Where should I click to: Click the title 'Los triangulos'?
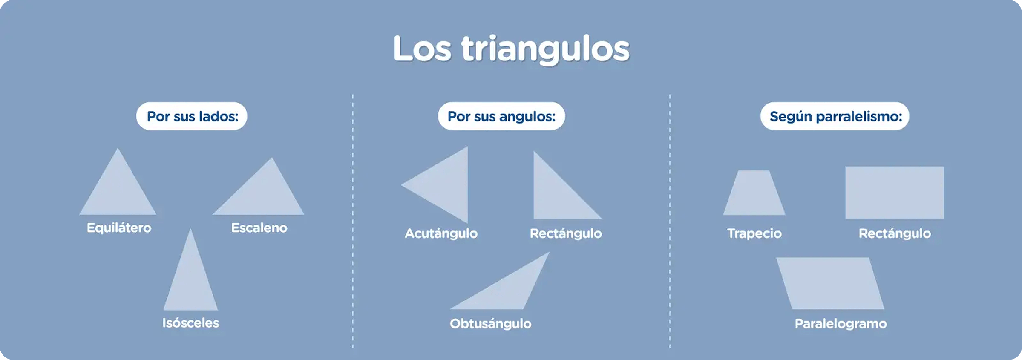tap(511, 49)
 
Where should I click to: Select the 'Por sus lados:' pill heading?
tap(192, 116)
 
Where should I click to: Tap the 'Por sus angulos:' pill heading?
tap(501, 116)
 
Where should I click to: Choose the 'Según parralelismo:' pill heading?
tap(835, 116)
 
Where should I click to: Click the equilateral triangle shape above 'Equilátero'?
tap(118, 192)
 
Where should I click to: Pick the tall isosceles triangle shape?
tap(190, 281)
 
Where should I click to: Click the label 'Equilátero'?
tap(119, 228)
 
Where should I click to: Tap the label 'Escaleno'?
tap(259, 228)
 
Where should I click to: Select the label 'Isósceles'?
tap(190, 323)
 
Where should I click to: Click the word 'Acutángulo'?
tap(441, 233)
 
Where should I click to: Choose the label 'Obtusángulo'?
tap(490, 324)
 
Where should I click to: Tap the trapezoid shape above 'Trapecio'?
tap(754, 193)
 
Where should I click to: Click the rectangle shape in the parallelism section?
tap(895, 193)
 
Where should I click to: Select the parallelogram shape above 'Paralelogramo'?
tap(830, 283)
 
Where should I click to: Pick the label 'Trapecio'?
tap(754, 233)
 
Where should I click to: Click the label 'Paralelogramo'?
tap(841, 324)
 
